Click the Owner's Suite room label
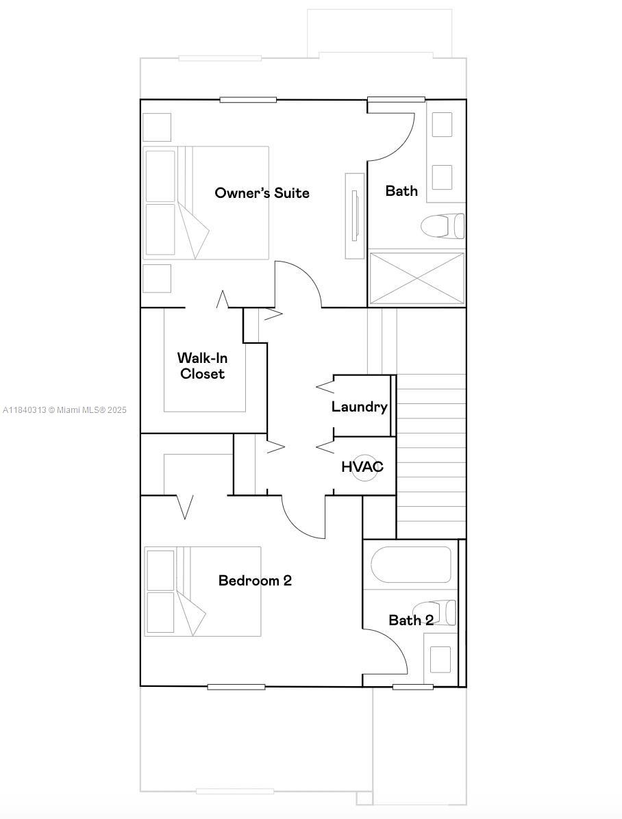point(262,193)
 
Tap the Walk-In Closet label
point(202,366)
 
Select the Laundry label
point(359,407)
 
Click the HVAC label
point(362,467)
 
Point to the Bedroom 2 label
point(255,581)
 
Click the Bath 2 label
point(411,620)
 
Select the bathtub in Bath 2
point(411,564)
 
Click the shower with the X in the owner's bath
point(416,278)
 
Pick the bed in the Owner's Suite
point(206,203)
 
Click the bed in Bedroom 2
point(203,591)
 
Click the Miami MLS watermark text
point(65,410)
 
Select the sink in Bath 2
point(440,659)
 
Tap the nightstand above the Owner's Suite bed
point(157,127)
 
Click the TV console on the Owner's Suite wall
point(354,215)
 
